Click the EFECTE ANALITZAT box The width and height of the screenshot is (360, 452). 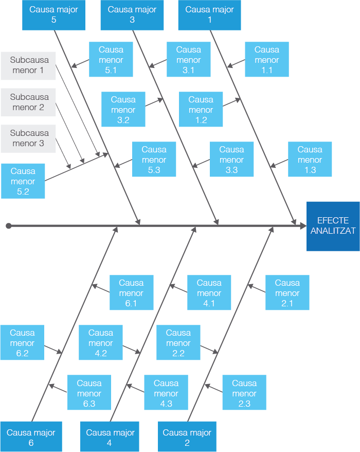(x=333, y=226)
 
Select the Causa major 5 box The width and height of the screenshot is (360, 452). (x=53, y=15)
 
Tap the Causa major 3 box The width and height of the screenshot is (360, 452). (x=132, y=15)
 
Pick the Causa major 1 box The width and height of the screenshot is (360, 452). (x=209, y=15)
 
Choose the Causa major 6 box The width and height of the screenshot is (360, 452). (x=31, y=437)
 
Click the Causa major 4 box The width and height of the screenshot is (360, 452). (x=110, y=437)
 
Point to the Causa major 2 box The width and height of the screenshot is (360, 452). (x=187, y=437)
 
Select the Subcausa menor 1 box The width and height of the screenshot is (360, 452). (x=28, y=65)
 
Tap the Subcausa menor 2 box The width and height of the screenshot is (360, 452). (x=28, y=102)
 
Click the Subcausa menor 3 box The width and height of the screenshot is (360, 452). (x=28, y=138)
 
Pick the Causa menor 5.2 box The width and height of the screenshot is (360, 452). (x=23, y=181)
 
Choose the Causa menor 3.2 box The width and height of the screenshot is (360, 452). (x=123, y=109)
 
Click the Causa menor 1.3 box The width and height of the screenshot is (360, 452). (x=310, y=160)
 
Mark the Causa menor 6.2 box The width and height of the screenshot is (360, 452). (x=22, y=342)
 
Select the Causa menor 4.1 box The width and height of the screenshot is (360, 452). (x=209, y=292)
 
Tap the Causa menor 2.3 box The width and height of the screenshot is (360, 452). (x=244, y=393)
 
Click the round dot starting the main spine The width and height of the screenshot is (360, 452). (x=9, y=225)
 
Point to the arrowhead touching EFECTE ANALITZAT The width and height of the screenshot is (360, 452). (x=301, y=225)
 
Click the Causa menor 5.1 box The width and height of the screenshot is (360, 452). (x=111, y=60)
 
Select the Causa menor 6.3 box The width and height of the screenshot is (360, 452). (x=89, y=393)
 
